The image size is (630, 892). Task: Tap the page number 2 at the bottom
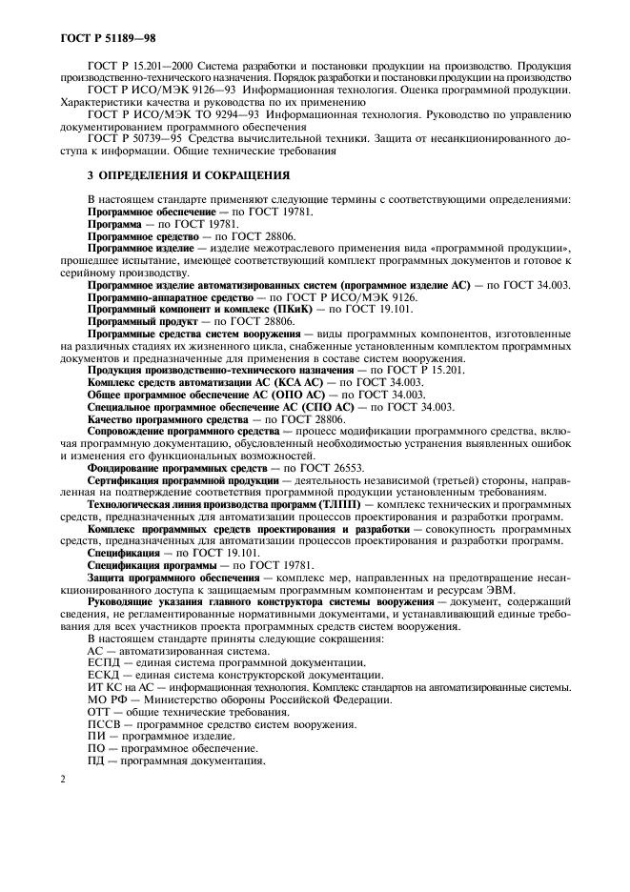[62, 779]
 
